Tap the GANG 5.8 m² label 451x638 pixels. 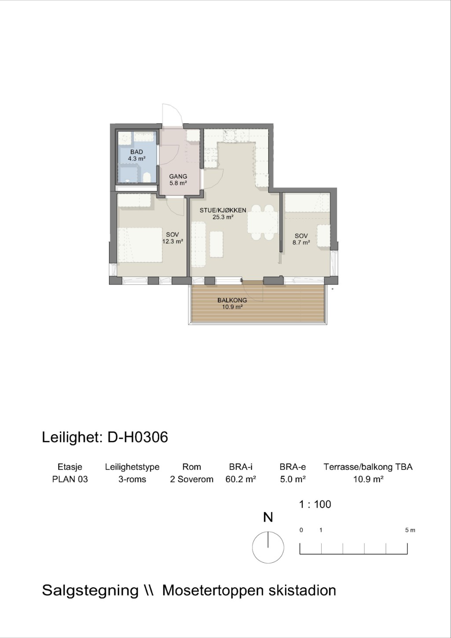[x=178, y=180]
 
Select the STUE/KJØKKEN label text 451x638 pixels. [x=223, y=210]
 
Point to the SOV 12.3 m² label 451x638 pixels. [x=172, y=238]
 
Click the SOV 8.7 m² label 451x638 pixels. [x=301, y=239]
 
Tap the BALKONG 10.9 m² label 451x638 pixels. [x=232, y=303]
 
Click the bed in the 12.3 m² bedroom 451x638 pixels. [x=140, y=245]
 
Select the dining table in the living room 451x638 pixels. [x=262, y=222]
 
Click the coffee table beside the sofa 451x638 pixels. [x=216, y=244]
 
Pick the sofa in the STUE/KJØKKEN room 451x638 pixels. [x=198, y=245]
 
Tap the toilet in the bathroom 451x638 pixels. [x=147, y=177]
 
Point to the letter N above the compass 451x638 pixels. [x=268, y=517]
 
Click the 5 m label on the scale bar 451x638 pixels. [x=410, y=530]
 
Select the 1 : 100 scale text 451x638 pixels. [x=315, y=504]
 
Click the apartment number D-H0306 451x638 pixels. [x=138, y=437]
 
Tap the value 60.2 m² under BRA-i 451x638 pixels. [x=241, y=479]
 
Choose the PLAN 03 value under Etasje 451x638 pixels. [x=70, y=479]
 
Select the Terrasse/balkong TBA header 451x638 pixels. [x=368, y=467]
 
